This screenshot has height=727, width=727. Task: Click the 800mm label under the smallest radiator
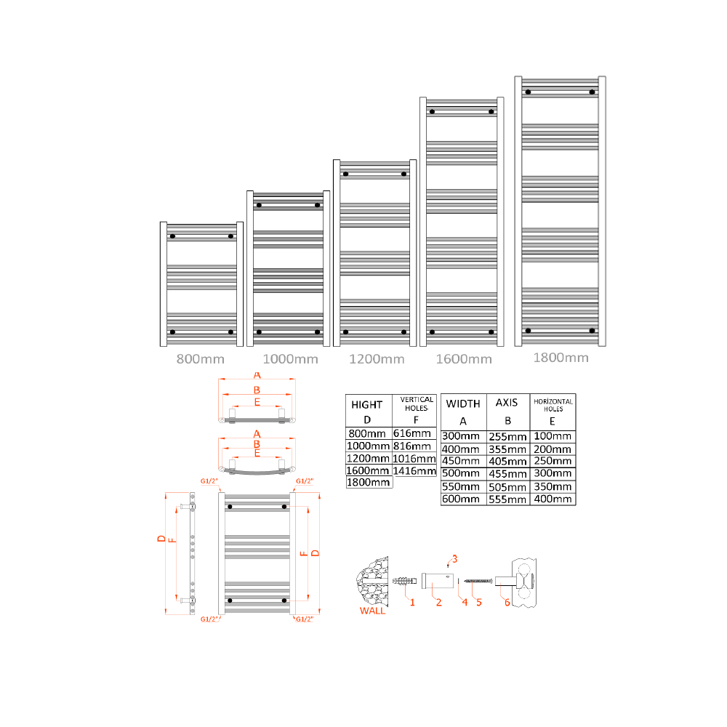point(200,358)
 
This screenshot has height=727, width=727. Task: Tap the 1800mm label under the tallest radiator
point(561,357)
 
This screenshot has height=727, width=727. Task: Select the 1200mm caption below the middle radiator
point(376,358)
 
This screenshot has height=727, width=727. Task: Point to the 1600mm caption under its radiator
point(463,358)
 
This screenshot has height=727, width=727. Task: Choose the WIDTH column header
point(463,403)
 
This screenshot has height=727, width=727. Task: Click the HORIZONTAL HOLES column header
point(553,405)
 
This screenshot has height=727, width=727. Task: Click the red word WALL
point(373,611)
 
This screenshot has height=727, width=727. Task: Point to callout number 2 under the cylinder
point(438,602)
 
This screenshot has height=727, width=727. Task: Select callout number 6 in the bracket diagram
point(507,602)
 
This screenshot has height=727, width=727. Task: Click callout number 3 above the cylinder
point(454,558)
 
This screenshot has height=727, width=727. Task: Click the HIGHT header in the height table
point(367,405)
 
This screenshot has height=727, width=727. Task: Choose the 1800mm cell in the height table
point(369,482)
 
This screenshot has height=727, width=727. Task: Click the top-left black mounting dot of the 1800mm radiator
point(529,92)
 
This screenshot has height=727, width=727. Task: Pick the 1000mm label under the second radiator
point(290,358)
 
